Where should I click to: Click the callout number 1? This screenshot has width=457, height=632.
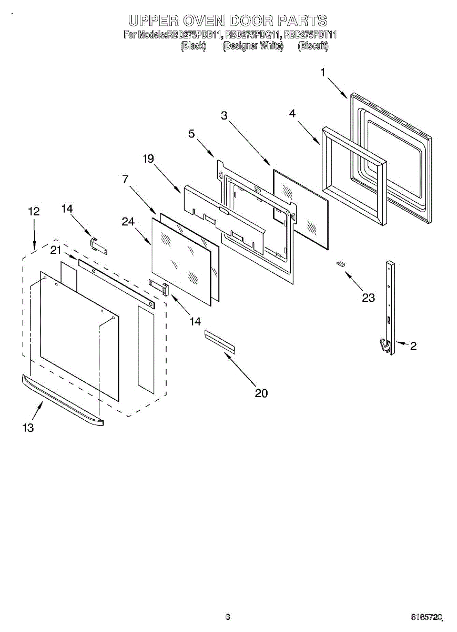click(x=323, y=72)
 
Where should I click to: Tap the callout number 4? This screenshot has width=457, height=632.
click(x=292, y=113)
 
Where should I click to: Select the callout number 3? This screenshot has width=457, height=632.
click(x=225, y=116)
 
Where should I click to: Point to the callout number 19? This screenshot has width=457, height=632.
click(x=148, y=159)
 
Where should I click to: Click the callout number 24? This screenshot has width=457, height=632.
click(x=128, y=222)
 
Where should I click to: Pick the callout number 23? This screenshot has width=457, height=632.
click(x=368, y=298)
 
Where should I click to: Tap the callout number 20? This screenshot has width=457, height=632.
click(x=261, y=393)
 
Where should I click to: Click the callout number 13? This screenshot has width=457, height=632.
click(x=28, y=428)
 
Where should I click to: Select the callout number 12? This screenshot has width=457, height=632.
click(x=34, y=211)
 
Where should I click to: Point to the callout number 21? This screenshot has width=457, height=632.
click(x=56, y=250)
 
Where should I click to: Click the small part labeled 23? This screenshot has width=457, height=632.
click(x=341, y=264)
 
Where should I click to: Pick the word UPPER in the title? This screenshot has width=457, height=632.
click(x=153, y=21)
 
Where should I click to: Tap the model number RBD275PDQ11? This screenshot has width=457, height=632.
click(x=252, y=35)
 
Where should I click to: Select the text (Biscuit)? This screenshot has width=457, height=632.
click(x=313, y=46)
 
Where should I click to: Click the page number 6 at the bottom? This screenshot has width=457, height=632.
click(x=228, y=617)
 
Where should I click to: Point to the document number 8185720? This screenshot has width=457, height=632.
click(x=428, y=617)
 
